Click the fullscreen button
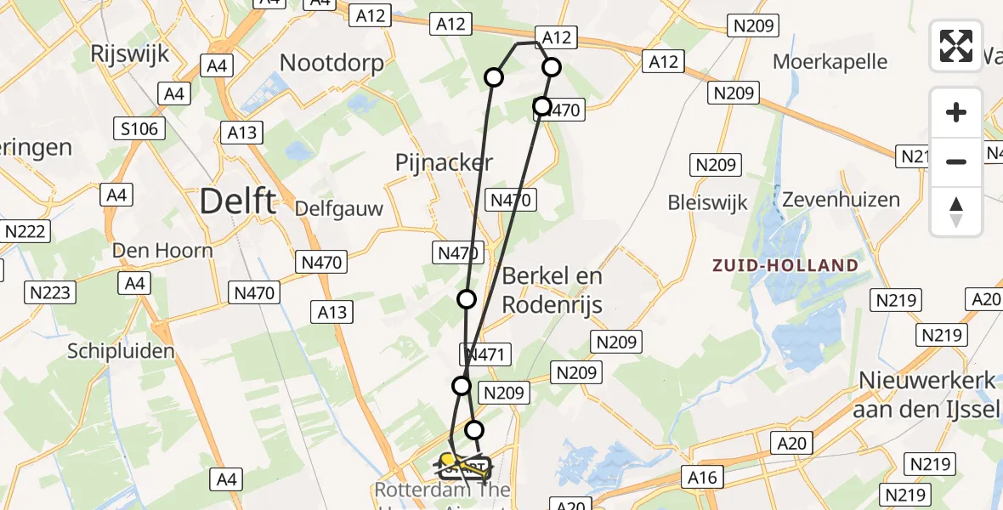tap(956, 46)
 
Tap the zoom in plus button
tap(956, 112)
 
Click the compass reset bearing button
tap(956, 212)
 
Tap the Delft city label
tap(237, 202)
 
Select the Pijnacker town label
tap(444, 161)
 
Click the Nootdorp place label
tap(331, 62)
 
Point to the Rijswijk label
tap(130, 54)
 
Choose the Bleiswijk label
tap(707, 203)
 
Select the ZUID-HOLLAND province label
tap(786, 265)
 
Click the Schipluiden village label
tap(121, 351)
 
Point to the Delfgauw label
tap(339, 208)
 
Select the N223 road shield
tap(52, 293)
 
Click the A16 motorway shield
tap(703, 477)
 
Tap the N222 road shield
tap(27, 231)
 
